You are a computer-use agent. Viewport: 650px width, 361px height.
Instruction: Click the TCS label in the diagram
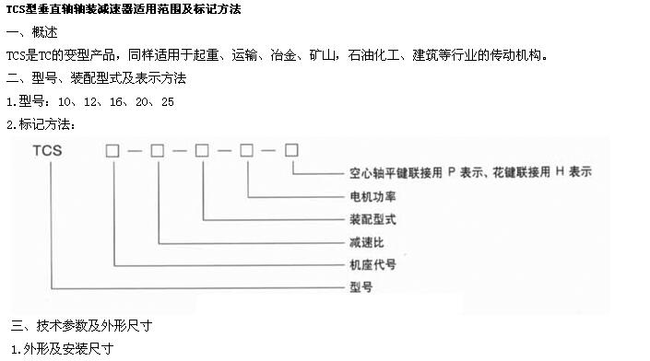[47, 151]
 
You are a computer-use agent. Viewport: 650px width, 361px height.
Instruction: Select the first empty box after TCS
[112, 151]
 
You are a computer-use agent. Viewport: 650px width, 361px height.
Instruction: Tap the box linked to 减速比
[157, 151]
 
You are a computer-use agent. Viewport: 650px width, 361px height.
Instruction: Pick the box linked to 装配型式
[202, 151]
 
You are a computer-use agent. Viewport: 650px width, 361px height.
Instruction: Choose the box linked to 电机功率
[247, 151]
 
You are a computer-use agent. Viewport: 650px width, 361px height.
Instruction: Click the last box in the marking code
[291, 150]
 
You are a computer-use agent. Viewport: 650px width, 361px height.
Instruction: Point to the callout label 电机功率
[372, 196]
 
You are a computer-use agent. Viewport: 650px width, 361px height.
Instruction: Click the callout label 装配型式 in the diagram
[372, 219]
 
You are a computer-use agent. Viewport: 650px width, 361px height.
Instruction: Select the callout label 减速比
[367, 242]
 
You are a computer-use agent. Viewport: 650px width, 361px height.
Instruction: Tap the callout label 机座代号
[372, 264]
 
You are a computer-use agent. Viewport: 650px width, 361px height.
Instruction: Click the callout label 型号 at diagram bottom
[361, 287]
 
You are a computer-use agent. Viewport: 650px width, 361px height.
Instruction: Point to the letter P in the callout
[452, 172]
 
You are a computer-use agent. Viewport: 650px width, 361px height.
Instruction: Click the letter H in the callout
[560, 171]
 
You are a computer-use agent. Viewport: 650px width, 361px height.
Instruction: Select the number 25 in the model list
[168, 102]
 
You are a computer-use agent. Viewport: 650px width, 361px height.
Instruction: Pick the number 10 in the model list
[65, 102]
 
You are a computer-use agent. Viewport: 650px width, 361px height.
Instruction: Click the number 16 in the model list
[116, 102]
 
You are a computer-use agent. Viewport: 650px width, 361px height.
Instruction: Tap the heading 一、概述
[32, 32]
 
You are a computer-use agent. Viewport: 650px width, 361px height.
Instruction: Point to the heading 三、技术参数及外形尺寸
[82, 326]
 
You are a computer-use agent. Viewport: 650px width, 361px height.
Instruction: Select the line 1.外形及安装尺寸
[62, 349]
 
